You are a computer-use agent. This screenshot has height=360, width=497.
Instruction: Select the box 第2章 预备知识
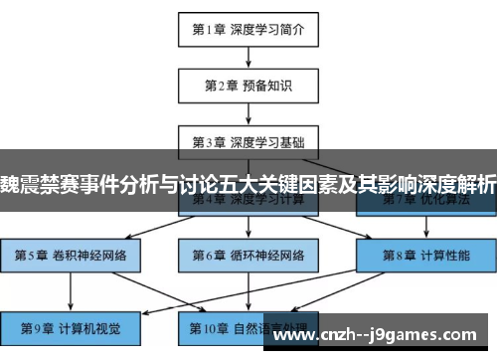(x=248, y=85)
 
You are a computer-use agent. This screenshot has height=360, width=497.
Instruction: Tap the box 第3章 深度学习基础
(x=248, y=140)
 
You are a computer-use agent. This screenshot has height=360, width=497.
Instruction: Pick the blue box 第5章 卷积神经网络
(x=71, y=254)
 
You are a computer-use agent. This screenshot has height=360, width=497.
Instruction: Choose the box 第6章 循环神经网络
(x=248, y=254)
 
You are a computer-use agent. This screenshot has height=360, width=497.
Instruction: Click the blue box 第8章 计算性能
(x=424, y=254)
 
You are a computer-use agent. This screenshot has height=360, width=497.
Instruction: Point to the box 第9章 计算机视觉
(x=71, y=326)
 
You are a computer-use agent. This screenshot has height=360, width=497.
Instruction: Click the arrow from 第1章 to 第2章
(x=248, y=57)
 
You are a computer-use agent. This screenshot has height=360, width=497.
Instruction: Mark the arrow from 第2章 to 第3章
(x=248, y=112)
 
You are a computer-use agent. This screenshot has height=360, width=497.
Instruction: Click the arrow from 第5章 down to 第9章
(x=71, y=290)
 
